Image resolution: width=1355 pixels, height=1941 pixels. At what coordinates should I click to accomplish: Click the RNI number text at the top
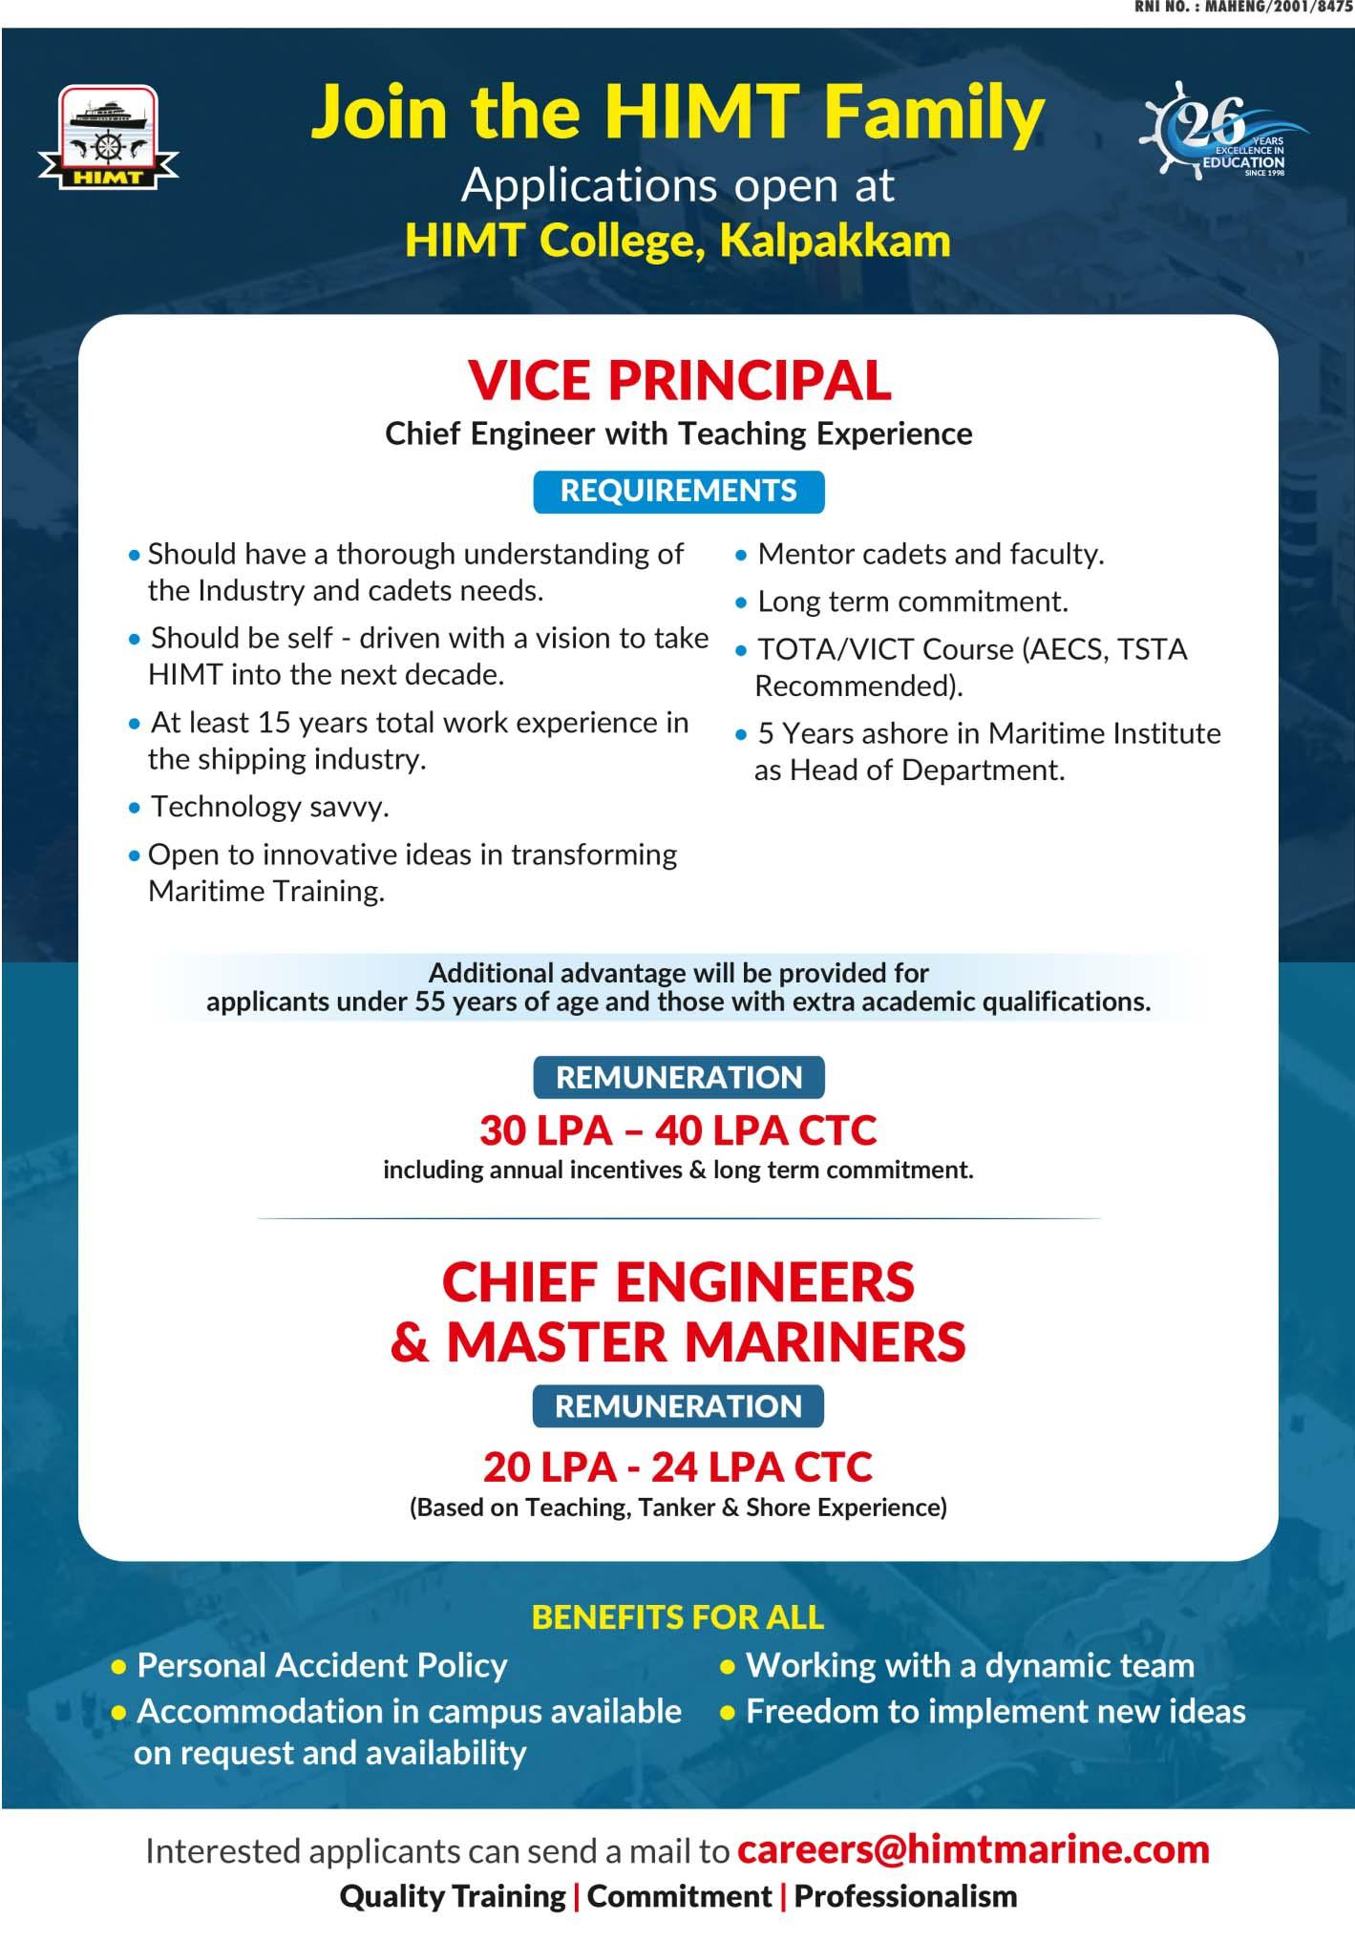tap(1242, 8)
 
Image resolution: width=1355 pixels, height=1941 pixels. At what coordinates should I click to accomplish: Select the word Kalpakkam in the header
tap(835, 241)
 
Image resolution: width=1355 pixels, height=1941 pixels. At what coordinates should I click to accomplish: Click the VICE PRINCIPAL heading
tap(679, 381)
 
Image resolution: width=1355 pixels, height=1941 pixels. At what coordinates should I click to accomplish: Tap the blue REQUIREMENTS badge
tap(678, 491)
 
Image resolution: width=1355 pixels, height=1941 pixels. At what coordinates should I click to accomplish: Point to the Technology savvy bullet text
tap(270, 807)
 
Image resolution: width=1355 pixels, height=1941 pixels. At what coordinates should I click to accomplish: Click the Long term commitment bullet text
tap(912, 601)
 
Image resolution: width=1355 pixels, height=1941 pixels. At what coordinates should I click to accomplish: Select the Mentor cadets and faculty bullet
tap(930, 554)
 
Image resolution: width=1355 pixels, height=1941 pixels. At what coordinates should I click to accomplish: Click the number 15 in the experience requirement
tap(272, 723)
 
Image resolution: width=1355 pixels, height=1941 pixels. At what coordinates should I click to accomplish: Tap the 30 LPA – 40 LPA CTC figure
tap(678, 1130)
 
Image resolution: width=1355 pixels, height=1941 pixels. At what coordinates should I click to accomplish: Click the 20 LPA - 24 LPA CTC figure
tap(678, 1467)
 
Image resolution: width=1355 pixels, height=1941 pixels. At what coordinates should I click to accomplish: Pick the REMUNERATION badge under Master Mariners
tap(678, 1406)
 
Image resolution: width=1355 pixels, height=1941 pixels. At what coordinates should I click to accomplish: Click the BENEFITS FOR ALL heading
tap(678, 1617)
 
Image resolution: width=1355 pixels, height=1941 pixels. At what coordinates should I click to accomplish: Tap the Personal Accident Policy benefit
tap(322, 1666)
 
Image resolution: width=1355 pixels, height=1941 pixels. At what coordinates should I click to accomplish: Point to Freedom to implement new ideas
tap(995, 1711)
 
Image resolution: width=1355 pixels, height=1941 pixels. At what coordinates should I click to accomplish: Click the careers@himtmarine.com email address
tap(973, 1850)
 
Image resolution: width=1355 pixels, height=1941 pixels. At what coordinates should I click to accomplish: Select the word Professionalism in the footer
tap(905, 1896)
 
